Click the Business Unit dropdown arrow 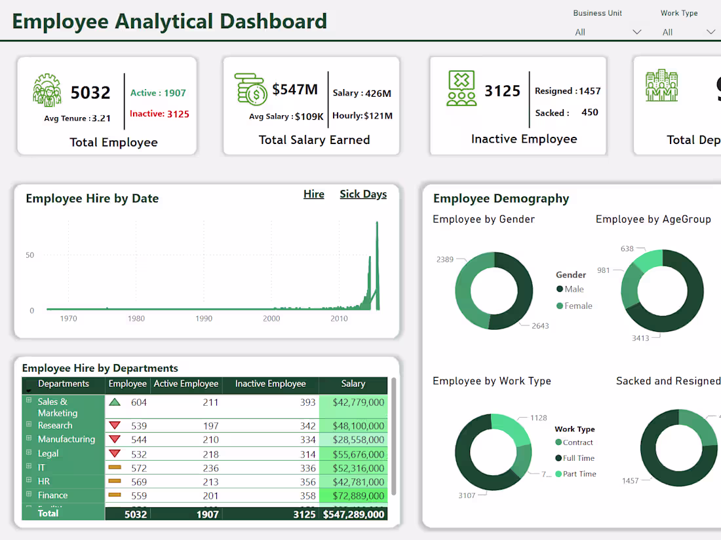[636, 32]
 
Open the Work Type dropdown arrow [711, 32]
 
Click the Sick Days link [363, 194]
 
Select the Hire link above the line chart [313, 194]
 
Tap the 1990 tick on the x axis [204, 319]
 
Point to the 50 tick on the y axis [29, 255]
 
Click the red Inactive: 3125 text [159, 114]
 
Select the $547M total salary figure [295, 90]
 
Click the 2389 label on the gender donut [445, 259]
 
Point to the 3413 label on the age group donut [640, 338]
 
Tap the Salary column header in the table [353, 384]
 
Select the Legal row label [48, 454]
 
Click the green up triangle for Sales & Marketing [115, 403]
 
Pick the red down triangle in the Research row [115, 425]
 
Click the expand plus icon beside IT [29, 467]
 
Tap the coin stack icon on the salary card [251, 90]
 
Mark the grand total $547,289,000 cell [354, 514]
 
